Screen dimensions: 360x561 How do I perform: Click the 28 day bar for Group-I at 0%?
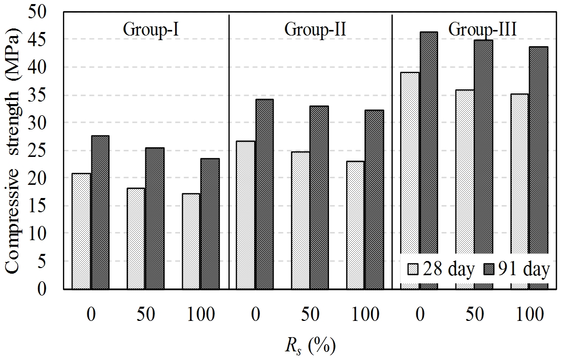(81, 231)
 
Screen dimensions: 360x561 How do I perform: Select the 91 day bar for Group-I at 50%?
(155, 218)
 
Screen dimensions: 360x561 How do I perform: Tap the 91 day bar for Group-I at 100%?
(210, 223)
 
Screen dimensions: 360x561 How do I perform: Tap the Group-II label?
(315, 29)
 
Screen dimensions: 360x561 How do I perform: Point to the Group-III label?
(482, 29)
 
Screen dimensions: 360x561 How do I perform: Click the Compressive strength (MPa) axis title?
(15, 151)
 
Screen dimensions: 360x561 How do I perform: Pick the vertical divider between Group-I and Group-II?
(229, 152)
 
